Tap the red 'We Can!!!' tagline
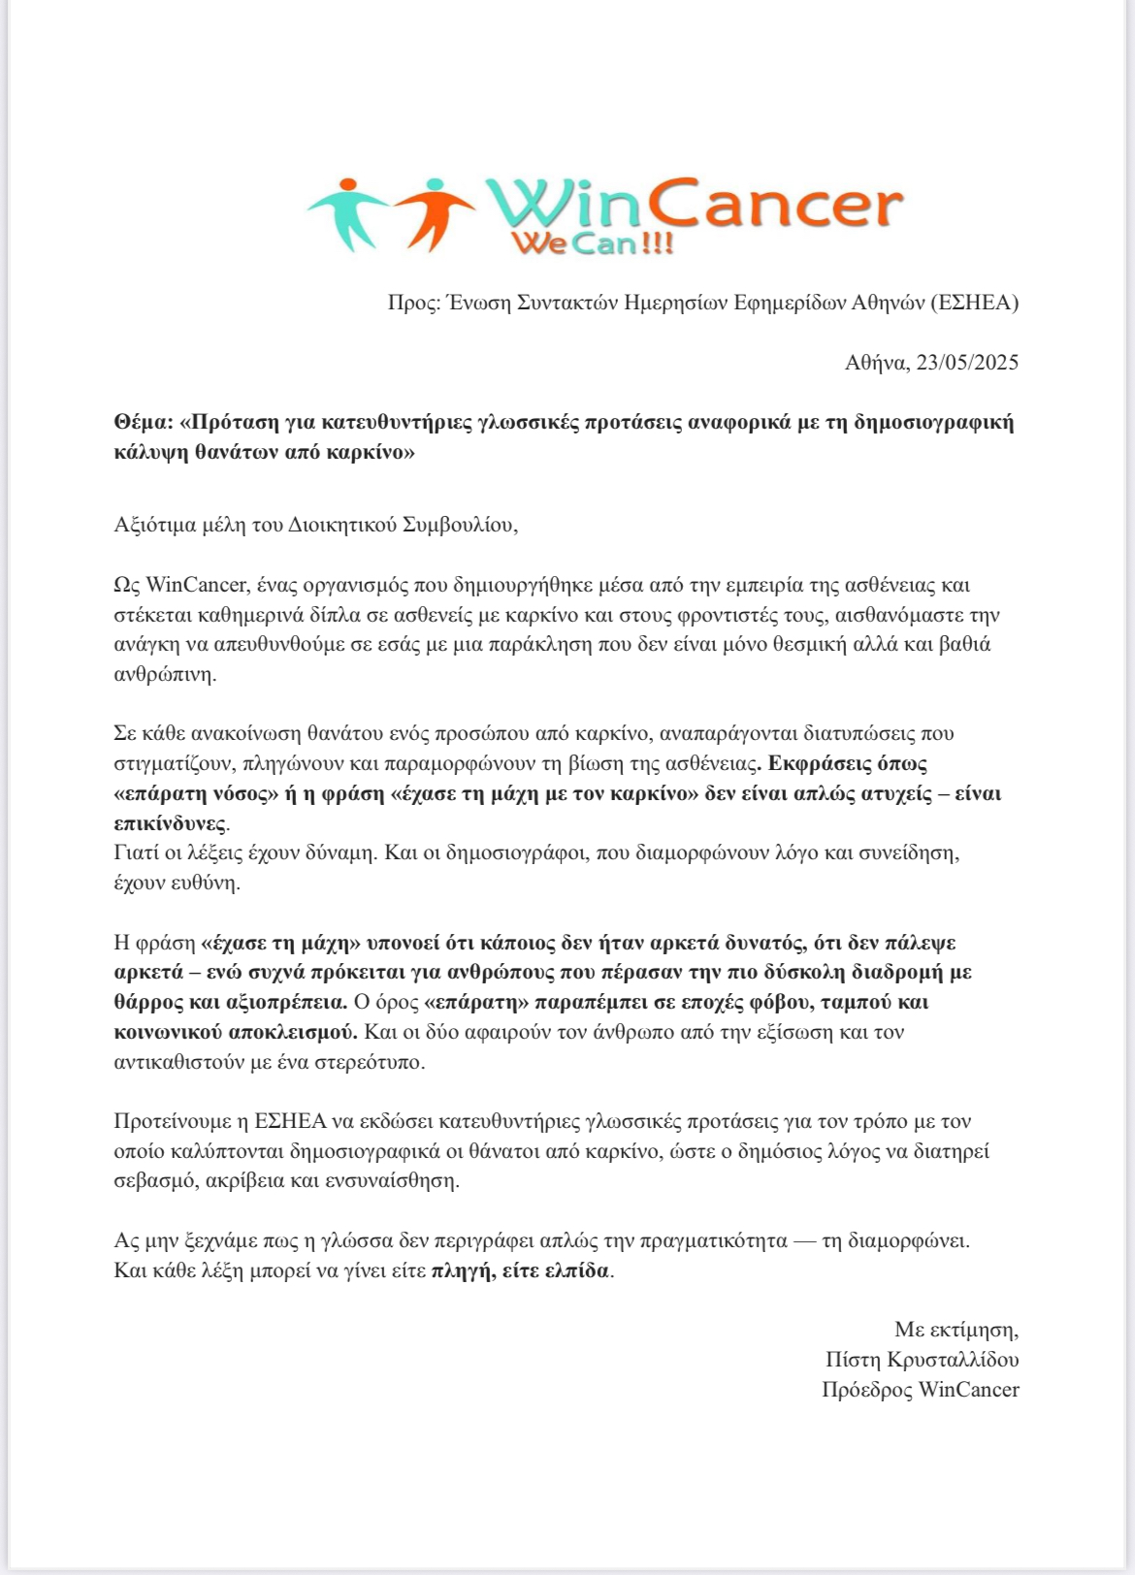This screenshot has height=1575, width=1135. tap(591, 242)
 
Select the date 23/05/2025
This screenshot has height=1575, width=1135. tap(967, 363)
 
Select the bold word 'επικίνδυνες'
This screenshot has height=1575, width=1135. tap(170, 824)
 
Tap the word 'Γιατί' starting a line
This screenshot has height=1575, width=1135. tap(137, 853)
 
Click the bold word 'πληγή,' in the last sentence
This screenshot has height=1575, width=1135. tap(461, 1270)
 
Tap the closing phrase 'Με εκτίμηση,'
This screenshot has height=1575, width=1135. tap(956, 1330)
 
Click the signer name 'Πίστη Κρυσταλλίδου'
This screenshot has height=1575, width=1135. tap(922, 1360)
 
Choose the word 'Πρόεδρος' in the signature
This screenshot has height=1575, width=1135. tap(866, 1390)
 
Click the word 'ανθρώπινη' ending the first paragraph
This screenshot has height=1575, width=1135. tap(162, 675)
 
